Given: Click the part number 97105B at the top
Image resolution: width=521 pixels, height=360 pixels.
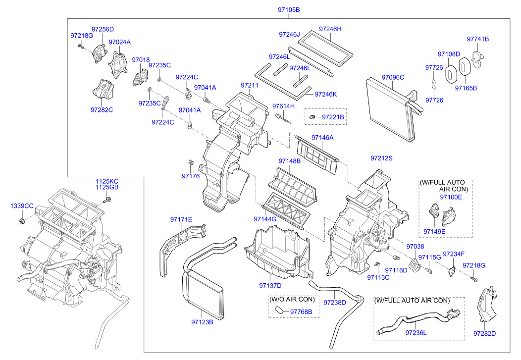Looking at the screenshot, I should pyautogui.click(x=288, y=10).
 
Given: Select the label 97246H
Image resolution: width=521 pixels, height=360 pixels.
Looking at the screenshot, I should pyautogui.click(x=330, y=29).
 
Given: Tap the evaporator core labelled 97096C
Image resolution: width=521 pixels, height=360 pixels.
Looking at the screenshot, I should pyautogui.click(x=391, y=106).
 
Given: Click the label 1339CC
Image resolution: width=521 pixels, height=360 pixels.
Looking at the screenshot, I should pyautogui.click(x=22, y=206).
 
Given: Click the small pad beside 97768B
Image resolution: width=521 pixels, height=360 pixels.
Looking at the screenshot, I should pyautogui.click(x=279, y=310).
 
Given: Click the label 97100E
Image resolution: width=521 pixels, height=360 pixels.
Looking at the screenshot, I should pyautogui.click(x=451, y=197).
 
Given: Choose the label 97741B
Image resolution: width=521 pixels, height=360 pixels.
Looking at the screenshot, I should pyautogui.click(x=477, y=39).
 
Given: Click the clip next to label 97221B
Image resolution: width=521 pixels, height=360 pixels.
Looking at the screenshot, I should pyautogui.click(x=313, y=116).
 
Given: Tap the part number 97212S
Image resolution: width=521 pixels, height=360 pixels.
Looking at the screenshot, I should pyautogui.click(x=381, y=158).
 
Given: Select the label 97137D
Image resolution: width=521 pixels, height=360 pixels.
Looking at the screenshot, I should pyautogui.click(x=270, y=285).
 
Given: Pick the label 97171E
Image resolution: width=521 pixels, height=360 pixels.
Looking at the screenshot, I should pyautogui.click(x=181, y=219).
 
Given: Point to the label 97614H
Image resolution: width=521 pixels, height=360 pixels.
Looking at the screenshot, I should pyautogui.click(x=283, y=106).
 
